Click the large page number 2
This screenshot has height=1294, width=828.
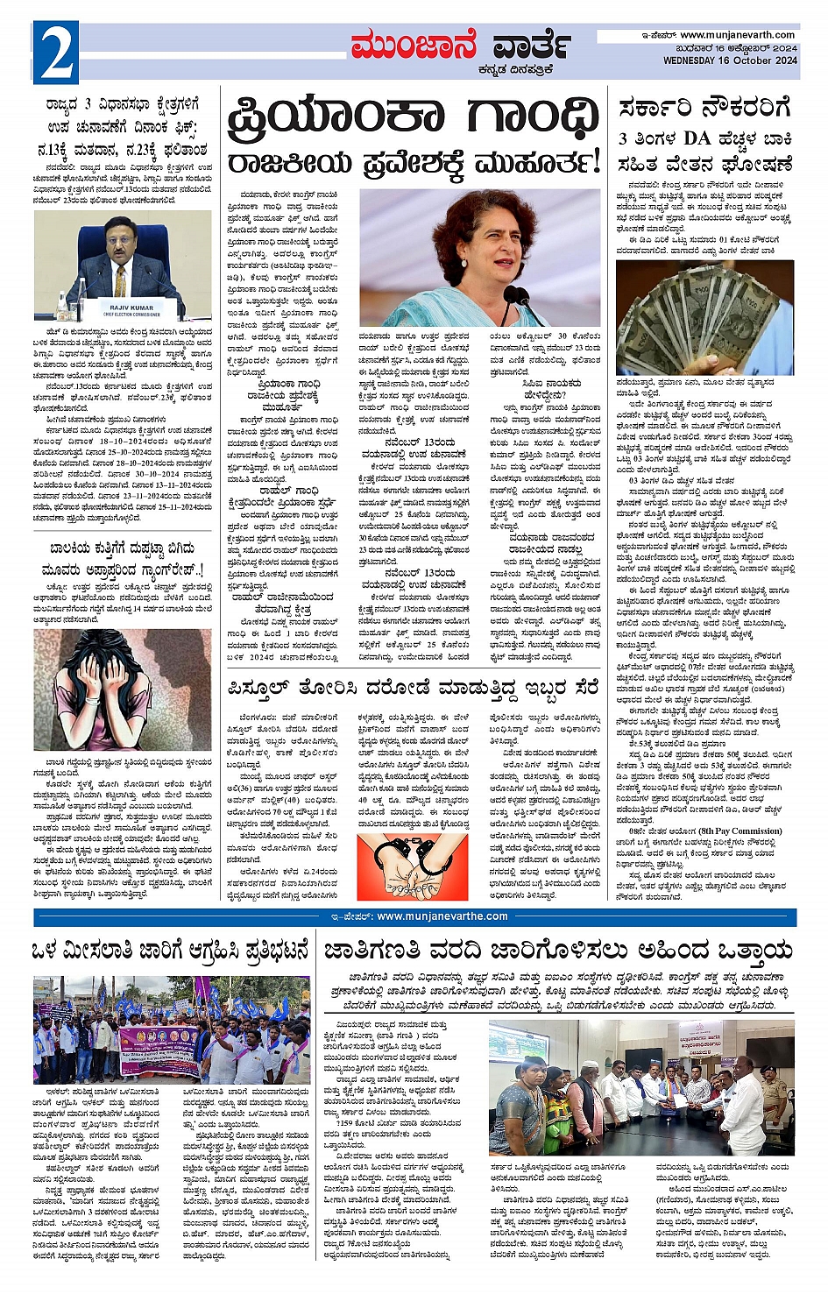(55, 53)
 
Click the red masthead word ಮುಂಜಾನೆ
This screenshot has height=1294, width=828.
(413, 46)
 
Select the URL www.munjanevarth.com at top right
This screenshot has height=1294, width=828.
(738, 35)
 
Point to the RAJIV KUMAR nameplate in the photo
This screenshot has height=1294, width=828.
(132, 309)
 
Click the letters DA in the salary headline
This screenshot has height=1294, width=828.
(697, 138)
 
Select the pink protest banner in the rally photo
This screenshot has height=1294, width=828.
(159, 1050)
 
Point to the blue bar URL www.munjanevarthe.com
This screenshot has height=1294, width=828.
(442, 916)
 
